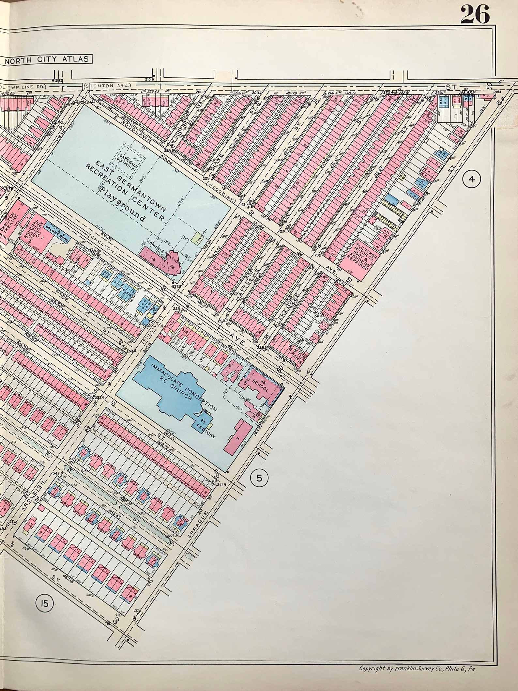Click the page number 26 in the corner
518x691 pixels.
click(x=475, y=14)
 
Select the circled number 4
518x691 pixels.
click(x=472, y=179)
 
